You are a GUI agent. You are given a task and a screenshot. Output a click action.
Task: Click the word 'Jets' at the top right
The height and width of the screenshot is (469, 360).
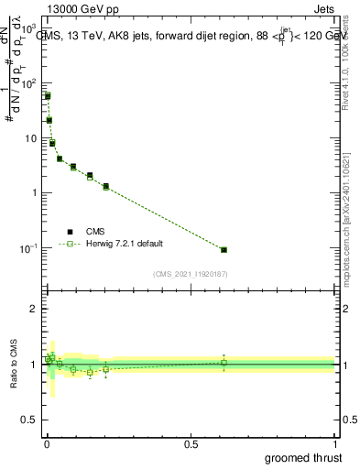point(325,11)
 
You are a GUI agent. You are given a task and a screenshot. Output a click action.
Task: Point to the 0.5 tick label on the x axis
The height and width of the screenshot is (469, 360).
point(191,443)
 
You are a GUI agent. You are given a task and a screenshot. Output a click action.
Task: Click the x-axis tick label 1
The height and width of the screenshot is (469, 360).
point(334,443)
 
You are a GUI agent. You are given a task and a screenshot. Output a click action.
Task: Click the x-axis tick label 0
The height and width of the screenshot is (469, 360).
point(46,443)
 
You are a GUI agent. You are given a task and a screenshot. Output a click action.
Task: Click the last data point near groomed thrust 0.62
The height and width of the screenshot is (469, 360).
point(224,249)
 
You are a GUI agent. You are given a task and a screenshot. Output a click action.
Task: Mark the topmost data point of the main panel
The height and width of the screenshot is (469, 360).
point(48,95)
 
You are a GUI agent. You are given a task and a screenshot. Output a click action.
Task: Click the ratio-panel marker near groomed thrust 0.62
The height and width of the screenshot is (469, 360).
point(224,363)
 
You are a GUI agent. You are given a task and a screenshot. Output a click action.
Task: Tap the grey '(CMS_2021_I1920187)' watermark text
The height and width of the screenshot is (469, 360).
point(191,274)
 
